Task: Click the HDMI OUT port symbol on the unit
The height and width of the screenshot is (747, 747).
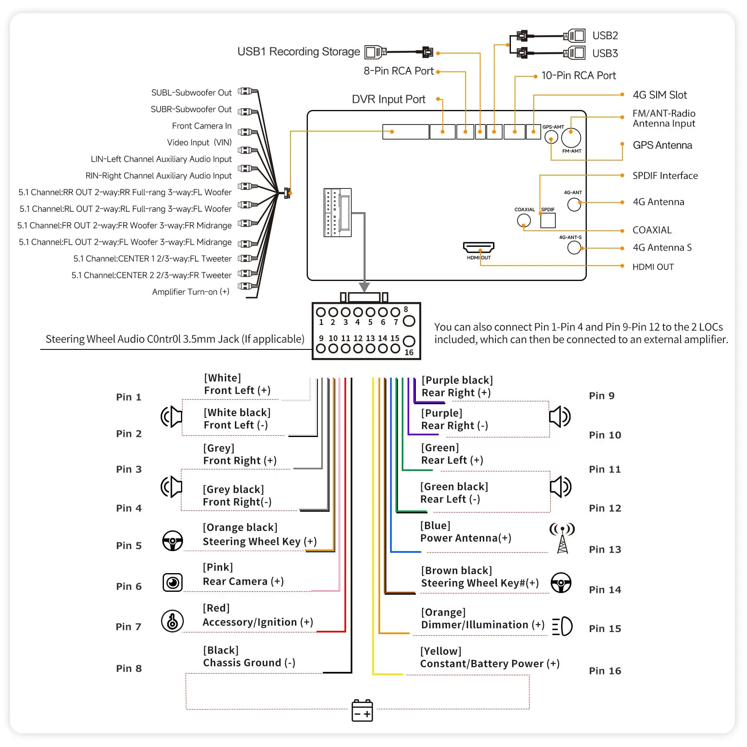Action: pos(478,247)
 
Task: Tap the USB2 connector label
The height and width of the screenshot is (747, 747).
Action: pos(605,36)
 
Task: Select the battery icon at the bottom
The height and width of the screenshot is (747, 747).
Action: pos(362,710)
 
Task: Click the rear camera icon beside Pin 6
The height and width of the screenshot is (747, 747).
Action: pos(173,582)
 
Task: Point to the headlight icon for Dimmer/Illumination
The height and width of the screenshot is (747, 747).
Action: pos(562,626)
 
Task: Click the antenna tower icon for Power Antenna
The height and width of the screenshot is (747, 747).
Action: pos(562,538)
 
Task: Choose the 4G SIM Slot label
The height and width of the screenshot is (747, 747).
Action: pos(659,95)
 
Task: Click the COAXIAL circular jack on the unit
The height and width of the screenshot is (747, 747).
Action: pos(524,220)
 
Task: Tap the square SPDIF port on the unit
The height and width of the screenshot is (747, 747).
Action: pos(548,220)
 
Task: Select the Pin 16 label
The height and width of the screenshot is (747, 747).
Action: pos(605,671)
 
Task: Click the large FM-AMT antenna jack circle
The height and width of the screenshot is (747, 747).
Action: pos(571,138)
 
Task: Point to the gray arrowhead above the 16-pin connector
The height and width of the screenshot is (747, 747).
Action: pos(364,287)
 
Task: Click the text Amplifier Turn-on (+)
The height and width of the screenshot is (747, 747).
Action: pos(190,292)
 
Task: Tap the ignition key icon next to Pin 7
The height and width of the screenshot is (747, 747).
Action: pos(172,621)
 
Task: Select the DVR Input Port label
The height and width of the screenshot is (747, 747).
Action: pos(388,100)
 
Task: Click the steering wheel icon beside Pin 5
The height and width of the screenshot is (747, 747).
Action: pos(172,541)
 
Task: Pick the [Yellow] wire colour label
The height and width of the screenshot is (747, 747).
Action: pos(441,651)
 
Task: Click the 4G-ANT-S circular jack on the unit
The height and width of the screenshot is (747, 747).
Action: pos(574,248)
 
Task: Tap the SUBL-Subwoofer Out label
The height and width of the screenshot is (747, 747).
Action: pos(191,93)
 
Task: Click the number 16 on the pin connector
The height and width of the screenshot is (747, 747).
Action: pos(409,352)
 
